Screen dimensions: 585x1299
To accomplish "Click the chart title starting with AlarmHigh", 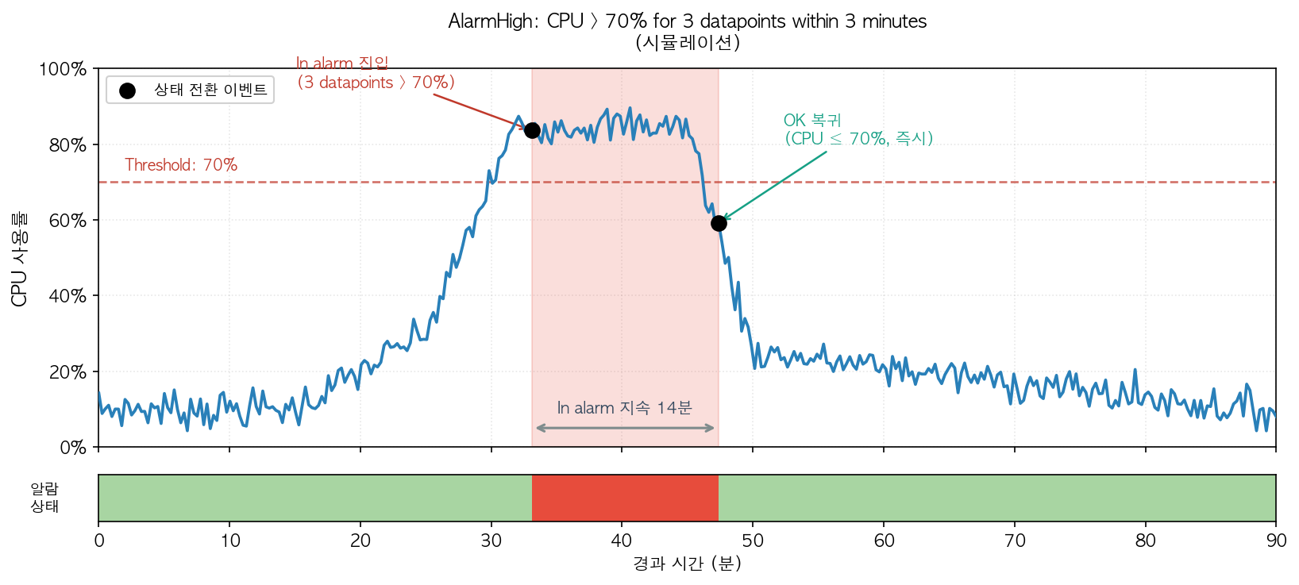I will pyautogui.click(x=687, y=21).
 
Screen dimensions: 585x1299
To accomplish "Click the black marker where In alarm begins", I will pyautogui.click(x=532, y=130).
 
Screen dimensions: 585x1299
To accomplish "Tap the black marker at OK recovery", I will pyautogui.click(x=719, y=224).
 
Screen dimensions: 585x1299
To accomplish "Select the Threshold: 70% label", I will pyautogui.click(x=181, y=165).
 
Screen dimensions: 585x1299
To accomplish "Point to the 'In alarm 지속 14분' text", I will pyautogui.click(x=624, y=408).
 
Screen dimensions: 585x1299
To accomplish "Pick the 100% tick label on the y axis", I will pyautogui.click(x=63, y=69).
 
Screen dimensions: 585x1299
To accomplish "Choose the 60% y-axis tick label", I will pyautogui.click(x=67, y=221).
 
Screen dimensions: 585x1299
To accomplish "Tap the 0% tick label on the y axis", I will pyautogui.click(x=72, y=448).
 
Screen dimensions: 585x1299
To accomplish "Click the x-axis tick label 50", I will pyautogui.click(x=753, y=541).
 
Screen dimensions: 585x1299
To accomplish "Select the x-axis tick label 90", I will pyautogui.click(x=1276, y=541).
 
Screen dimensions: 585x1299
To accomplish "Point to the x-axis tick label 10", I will pyautogui.click(x=230, y=541).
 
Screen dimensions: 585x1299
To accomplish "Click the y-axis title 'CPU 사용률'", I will pyautogui.click(x=20, y=259).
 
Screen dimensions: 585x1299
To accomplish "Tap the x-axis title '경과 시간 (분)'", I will pyautogui.click(x=687, y=564).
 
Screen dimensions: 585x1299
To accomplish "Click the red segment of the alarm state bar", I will pyautogui.click(x=625, y=498).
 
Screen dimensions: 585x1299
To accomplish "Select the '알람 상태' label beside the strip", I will pyautogui.click(x=44, y=498).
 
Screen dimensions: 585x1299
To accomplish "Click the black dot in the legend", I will pyautogui.click(x=127, y=90).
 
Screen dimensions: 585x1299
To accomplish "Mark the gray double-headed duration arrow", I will pyautogui.click(x=625, y=429).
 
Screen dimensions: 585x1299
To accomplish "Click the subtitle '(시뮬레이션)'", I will pyautogui.click(x=687, y=42).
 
